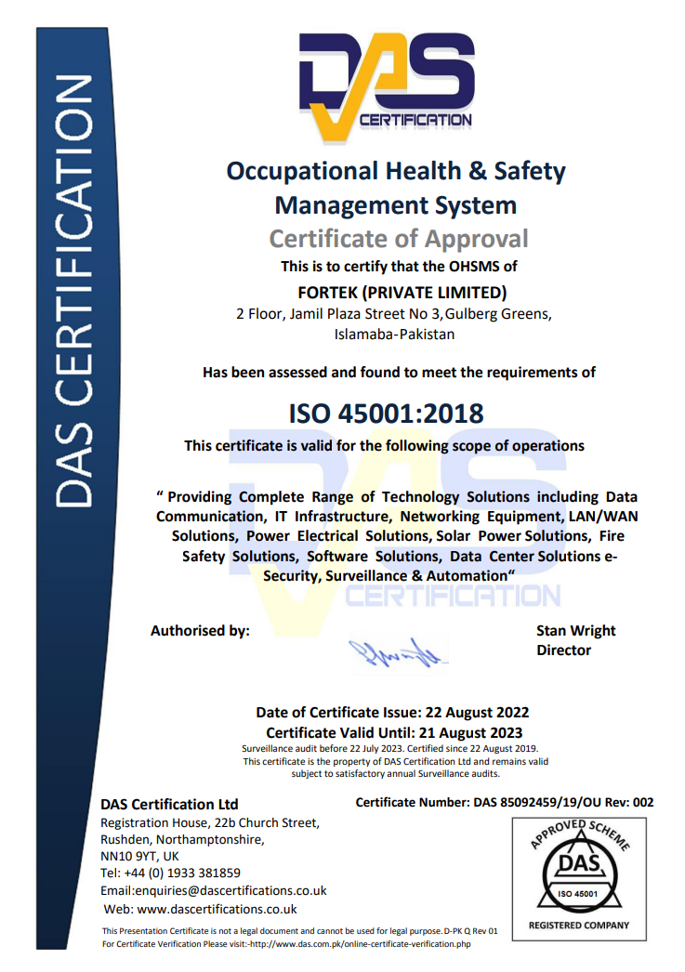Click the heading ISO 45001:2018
tap(385, 412)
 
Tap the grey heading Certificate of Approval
tap(398, 239)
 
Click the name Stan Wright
tap(575, 631)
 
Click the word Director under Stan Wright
tap(563, 650)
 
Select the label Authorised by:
tap(200, 631)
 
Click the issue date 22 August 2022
tap(477, 713)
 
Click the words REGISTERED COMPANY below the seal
tap(579, 925)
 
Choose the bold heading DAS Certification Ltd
tap(169, 804)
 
